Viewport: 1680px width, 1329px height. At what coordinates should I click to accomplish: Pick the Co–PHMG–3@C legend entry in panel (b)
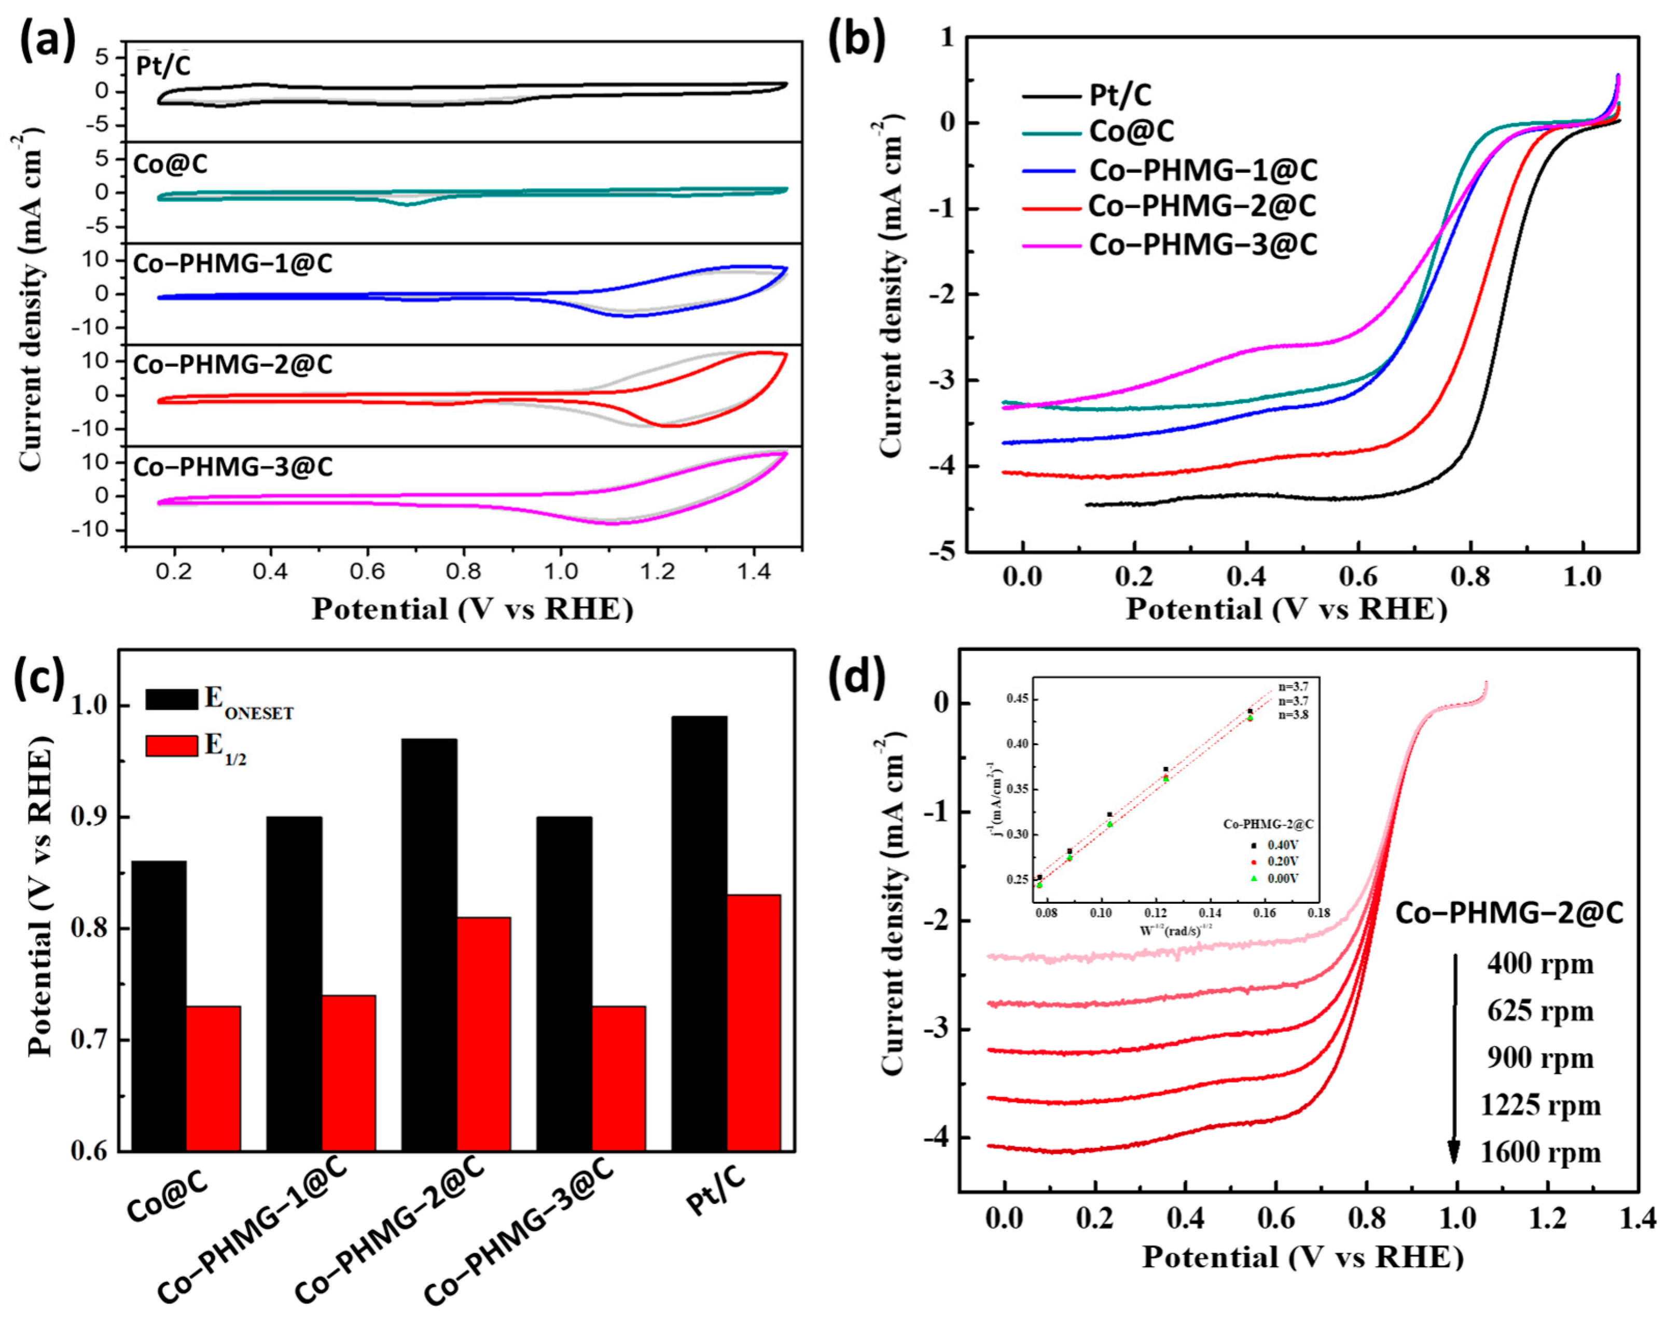pos(1202,244)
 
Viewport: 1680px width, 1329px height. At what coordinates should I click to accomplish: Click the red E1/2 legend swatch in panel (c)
pos(171,746)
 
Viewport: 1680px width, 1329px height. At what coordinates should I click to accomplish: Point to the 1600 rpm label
pos(1540,1152)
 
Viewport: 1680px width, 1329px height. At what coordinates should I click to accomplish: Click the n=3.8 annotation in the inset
pos(1293,715)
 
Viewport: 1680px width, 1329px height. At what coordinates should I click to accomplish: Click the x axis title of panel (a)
pos(473,609)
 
